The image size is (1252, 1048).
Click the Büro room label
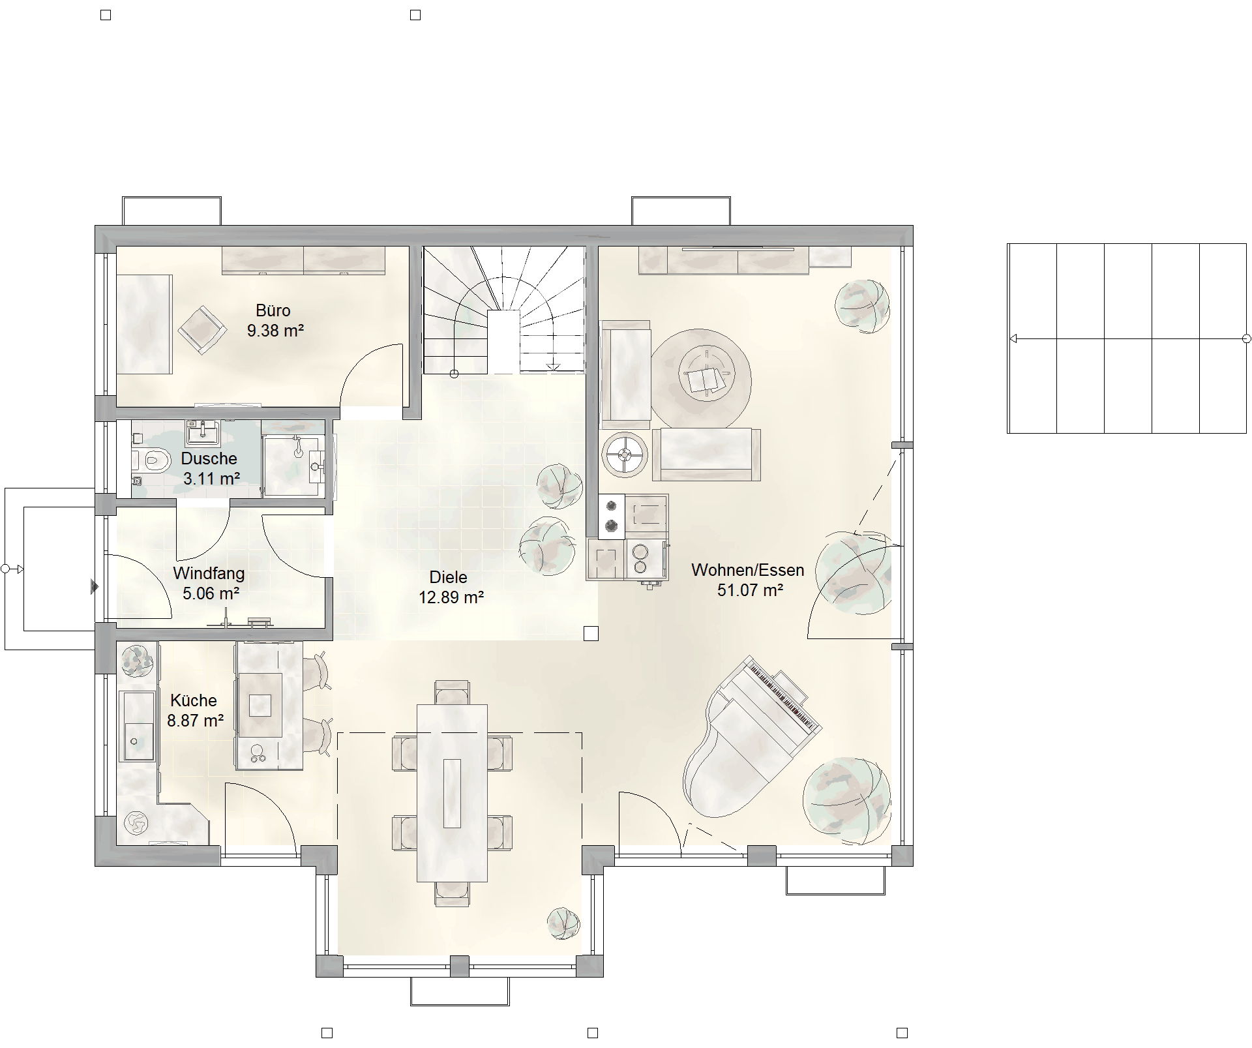point(273,310)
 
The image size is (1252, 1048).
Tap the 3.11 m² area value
point(211,479)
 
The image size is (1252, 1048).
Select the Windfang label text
point(209,573)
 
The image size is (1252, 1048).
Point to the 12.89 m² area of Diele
point(451,597)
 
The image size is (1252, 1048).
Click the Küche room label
point(194,700)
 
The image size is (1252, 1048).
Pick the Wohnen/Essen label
point(747,570)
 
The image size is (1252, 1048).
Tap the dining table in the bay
point(452,792)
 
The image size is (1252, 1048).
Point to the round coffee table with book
point(702,379)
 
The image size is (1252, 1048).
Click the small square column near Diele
point(591,633)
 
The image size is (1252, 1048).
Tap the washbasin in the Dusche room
point(203,432)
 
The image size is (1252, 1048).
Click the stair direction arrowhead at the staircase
point(553,367)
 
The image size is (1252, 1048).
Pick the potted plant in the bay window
point(563,923)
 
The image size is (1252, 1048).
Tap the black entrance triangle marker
point(95,587)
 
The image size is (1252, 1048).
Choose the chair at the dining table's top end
point(452,693)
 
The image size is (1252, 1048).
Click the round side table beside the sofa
point(625,454)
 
